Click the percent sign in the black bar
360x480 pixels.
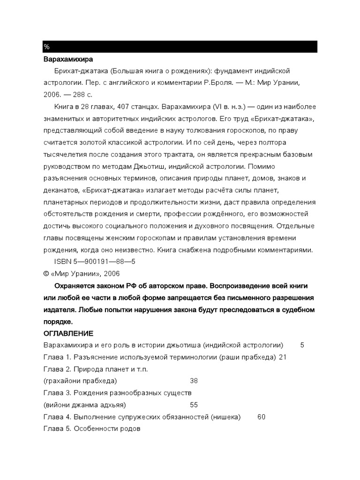coord(46,47)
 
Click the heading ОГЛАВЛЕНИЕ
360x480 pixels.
coord(68,333)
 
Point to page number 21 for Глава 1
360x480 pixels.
coord(282,357)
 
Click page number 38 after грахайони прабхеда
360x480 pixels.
coord(194,381)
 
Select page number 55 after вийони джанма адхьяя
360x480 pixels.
coord(194,405)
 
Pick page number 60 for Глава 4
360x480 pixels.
coord(262,417)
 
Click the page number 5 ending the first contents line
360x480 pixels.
coord(302,345)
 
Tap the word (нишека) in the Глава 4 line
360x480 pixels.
coord(226,417)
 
